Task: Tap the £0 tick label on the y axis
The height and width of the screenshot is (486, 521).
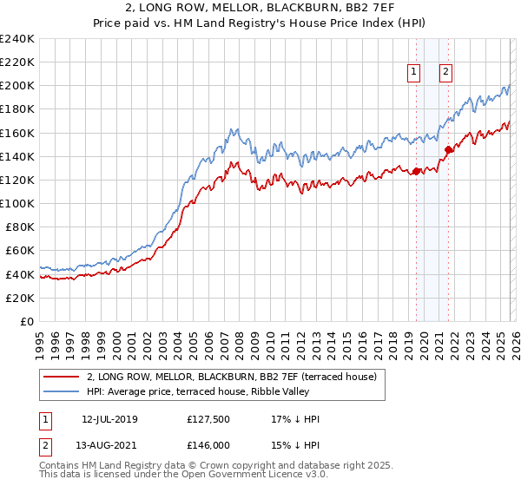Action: coord(28,321)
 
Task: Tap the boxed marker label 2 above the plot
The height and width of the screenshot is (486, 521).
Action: coord(445,72)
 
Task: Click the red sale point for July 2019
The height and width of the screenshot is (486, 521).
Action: coord(416,170)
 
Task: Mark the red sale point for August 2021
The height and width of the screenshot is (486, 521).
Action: coord(448,149)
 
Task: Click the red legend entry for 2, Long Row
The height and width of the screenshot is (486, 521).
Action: coord(232,377)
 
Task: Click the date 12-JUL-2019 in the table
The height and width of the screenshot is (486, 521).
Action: coord(109,419)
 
